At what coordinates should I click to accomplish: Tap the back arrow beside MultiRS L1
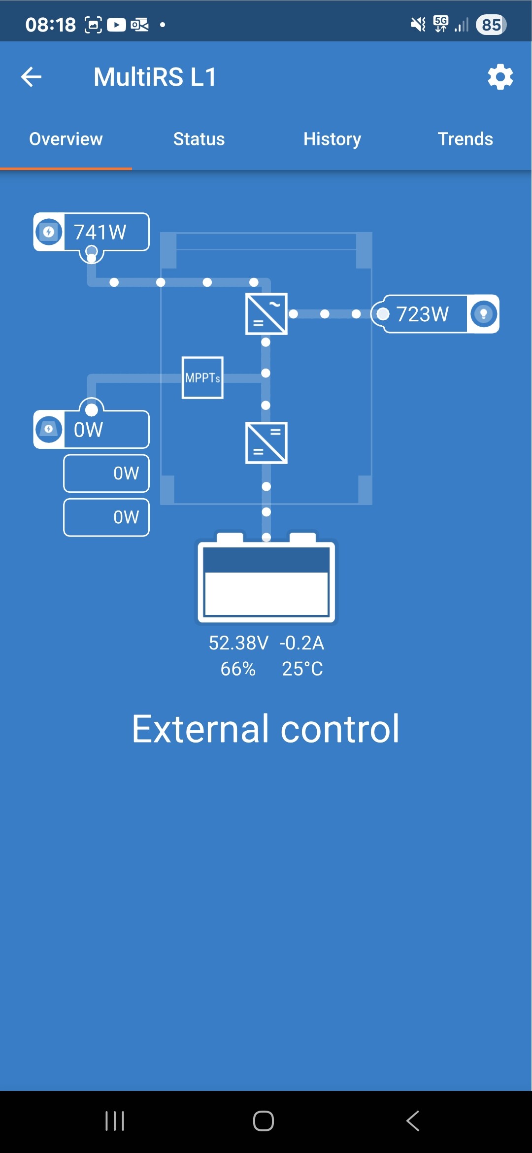point(31,77)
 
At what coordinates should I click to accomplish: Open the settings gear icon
point(500,77)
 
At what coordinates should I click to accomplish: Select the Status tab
point(199,139)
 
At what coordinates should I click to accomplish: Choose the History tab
point(332,139)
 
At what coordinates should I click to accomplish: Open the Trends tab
point(465,139)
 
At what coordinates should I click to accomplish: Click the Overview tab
point(66,139)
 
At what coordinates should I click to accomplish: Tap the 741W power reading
point(100,232)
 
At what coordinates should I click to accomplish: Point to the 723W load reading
point(423,314)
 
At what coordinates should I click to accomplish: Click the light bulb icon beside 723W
point(483,314)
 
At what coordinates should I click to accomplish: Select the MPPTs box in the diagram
point(202,377)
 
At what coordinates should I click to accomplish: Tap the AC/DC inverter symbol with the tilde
point(266,314)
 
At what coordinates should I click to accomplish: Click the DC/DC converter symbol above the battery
point(266,442)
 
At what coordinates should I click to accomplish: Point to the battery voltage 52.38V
point(238,643)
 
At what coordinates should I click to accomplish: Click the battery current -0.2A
point(301,643)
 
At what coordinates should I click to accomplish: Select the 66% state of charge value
point(238,669)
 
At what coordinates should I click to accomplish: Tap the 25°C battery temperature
point(302,669)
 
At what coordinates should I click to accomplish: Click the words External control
point(266,729)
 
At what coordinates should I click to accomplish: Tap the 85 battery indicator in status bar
point(491,25)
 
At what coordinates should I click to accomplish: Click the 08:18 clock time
point(51,25)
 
